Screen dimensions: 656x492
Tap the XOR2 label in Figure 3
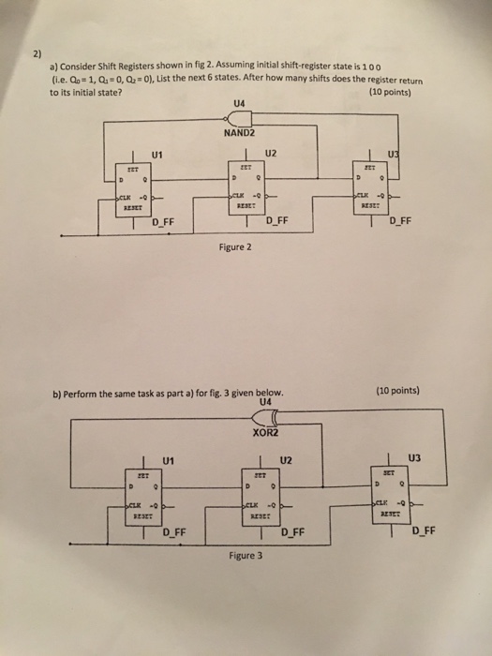pyautogui.click(x=266, y=433)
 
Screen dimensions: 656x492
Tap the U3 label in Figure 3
pyautogui.click(x=415, y=458)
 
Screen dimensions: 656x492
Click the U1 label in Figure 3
pyautogui.click(x=169, y=460)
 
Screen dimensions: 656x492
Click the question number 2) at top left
pyautogui.click(x=35, y=54)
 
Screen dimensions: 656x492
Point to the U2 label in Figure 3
pyautogui.click(x=286, y=460)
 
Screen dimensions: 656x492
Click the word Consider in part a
pyautogui.click(x=81, y=68)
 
